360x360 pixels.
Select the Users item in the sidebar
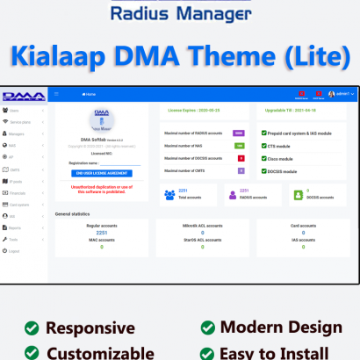[14, 112]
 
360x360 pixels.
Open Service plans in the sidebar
[20, 123]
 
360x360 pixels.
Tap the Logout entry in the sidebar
[14, 250]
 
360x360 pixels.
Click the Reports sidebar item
[16, 227]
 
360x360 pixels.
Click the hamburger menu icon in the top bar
[57, 93]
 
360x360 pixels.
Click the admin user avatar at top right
[330, 93]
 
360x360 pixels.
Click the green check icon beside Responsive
[32, 328]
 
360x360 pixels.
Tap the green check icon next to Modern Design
[206, 328]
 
